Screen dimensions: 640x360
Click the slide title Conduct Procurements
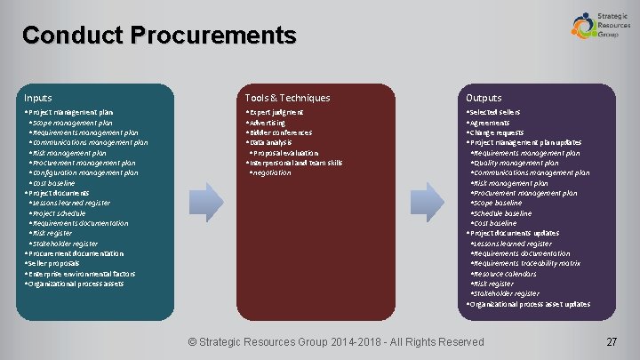[159, 36]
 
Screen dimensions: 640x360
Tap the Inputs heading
[38, 98]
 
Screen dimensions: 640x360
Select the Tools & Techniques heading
[287, 98]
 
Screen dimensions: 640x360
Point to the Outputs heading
[484, 98]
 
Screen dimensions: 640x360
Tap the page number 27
[611, 342]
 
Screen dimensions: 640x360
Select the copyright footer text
[336, 342]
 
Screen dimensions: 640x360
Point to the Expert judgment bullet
[276, 113]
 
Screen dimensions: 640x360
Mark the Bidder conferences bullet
[281, 133]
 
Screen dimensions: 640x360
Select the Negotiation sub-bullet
[271, 173]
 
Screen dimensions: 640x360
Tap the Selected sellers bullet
[494, 113]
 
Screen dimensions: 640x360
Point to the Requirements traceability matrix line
[528, 264]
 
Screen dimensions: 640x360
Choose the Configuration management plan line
[86, 173]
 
